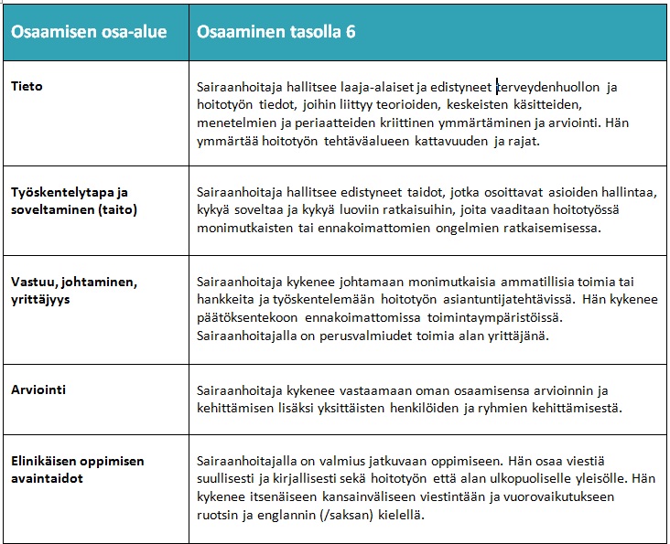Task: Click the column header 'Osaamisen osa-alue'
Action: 88,31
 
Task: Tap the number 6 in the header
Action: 351,31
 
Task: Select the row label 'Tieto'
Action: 27,87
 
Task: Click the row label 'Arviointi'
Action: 38,389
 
